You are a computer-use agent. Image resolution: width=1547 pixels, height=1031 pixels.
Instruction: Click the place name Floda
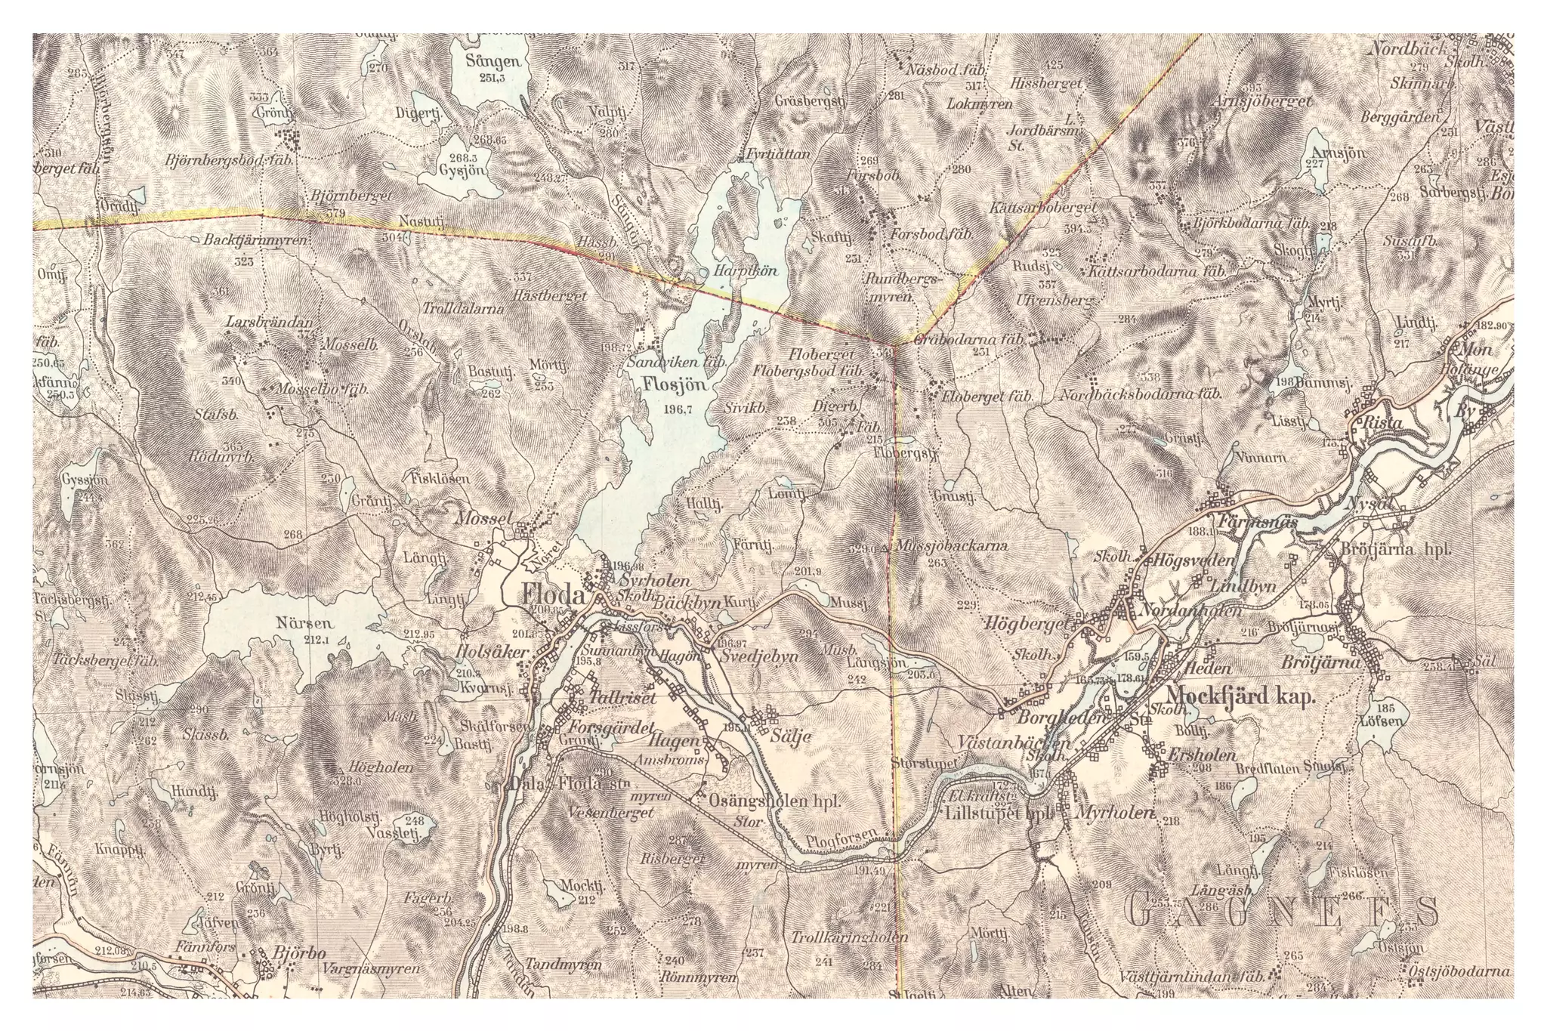click(552, 596)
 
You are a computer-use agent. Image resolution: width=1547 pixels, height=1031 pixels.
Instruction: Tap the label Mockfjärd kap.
click(1240, 696)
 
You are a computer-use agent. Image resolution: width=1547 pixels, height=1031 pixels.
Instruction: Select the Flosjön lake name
click(675, 384)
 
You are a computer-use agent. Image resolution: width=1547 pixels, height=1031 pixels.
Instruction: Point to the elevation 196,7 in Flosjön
click(675, 409)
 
